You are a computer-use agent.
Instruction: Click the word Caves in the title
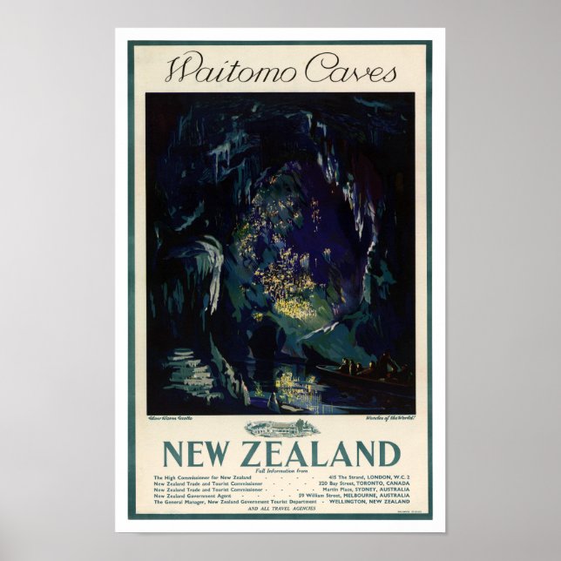pyautogui.click(x=346, y=71)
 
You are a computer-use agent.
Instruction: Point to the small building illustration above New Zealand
pyautogui.click(x=280, y=428)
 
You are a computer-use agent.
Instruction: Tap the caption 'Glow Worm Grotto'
pyautogui.click(x=172, y=418)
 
